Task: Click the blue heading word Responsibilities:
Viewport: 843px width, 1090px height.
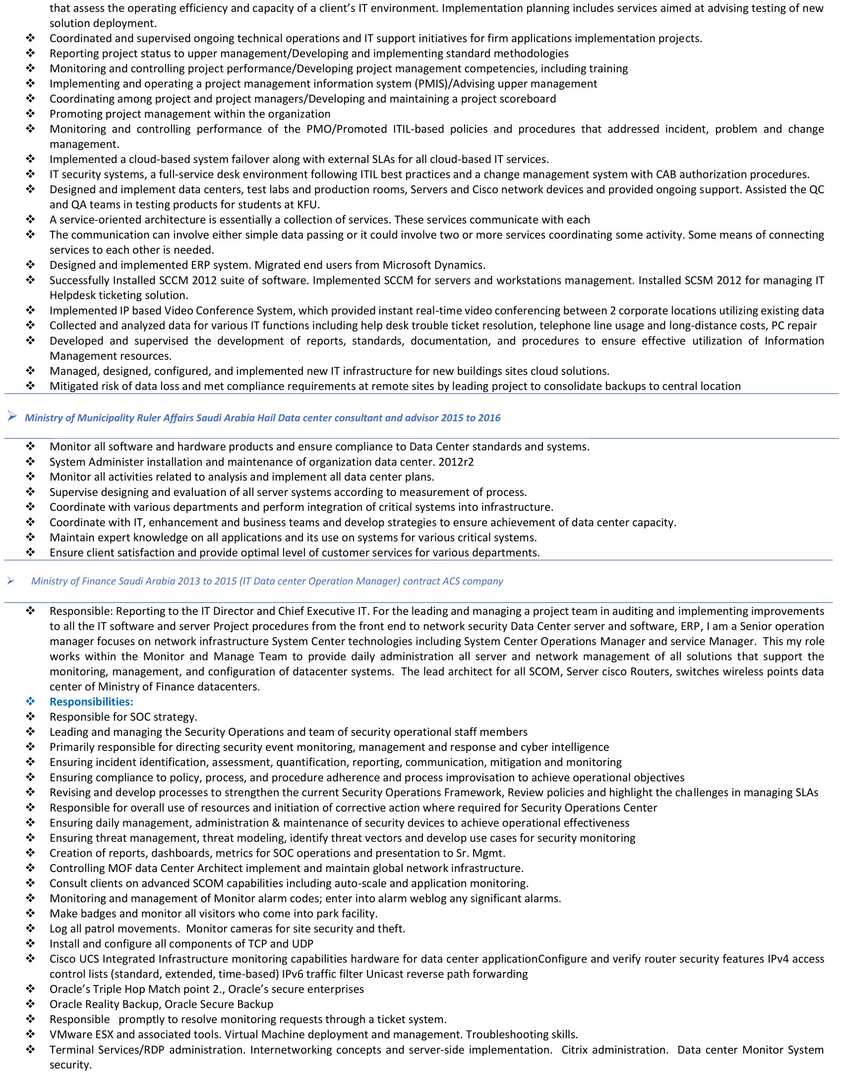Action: [91, 702]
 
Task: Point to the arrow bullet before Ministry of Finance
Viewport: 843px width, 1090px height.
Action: [10, 581]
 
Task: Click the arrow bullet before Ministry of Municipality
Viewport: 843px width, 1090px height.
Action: [12, 417]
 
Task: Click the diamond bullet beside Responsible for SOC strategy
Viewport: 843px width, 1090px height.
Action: [30, 717]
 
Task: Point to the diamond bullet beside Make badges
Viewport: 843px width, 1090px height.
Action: [30, 913]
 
